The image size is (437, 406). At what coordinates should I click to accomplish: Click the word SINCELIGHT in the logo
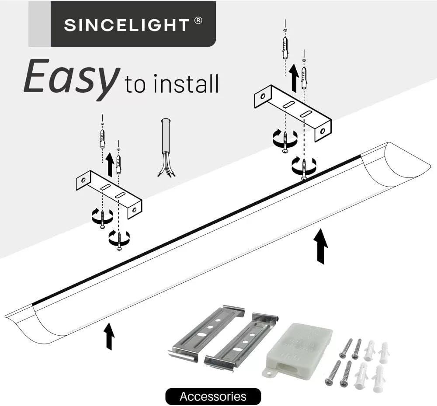click(127, 25)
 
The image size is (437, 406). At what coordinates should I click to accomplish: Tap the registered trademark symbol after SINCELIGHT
click(198, 21)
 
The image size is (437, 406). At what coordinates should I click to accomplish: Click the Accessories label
click(213, 396)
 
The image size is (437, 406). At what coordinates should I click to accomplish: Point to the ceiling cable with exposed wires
click(166, 148)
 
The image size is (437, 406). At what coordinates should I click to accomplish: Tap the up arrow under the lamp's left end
click(109, 336)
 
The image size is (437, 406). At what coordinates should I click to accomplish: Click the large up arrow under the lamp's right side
click(321, 246)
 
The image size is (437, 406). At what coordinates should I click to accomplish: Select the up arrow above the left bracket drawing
click(110, 164)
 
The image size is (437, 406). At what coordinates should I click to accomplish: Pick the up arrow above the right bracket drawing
click(294, 78)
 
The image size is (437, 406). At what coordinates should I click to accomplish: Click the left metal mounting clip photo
click(207, 333)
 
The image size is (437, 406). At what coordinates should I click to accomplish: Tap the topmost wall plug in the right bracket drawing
click(285, 48)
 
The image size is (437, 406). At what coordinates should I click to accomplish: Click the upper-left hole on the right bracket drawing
click(263, 96)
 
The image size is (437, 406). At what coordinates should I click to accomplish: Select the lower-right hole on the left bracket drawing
click(135, 209)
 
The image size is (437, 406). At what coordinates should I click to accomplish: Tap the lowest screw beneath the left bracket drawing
click(119, 241)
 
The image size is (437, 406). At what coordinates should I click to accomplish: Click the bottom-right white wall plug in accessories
click(379, 377)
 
